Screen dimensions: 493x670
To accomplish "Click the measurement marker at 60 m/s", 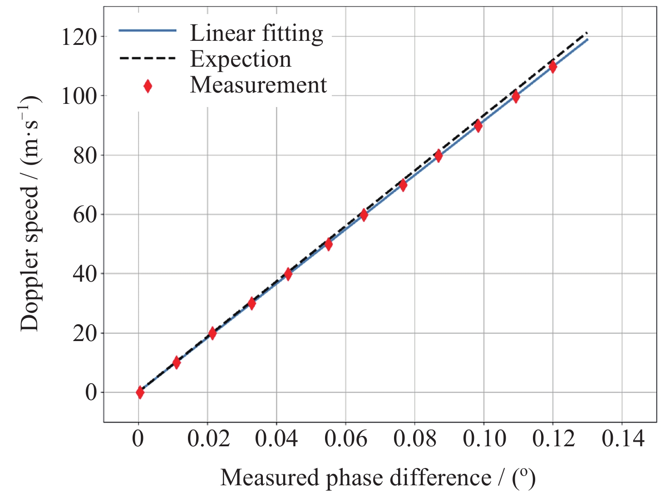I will pos(364,215).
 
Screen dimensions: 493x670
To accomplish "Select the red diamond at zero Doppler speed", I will pos(140,392).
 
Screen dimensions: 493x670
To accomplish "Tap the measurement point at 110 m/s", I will pos(552,67).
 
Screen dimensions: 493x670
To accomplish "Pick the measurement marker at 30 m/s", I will pos(251,303).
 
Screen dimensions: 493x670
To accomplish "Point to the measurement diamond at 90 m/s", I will pos(478,126).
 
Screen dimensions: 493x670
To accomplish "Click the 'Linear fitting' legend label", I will pos(256,34).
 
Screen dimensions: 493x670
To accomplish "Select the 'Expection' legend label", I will pos(241,59).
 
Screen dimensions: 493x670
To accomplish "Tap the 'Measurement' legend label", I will pos(258,85).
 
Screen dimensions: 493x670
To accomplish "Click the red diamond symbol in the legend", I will pos(148,86).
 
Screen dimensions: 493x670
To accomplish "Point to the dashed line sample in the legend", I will pos(148,59).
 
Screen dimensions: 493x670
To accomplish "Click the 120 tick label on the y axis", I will pos(79,37).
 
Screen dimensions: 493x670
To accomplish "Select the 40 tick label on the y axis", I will pos(85,274).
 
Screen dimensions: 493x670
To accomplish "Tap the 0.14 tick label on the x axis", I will pos(623,439).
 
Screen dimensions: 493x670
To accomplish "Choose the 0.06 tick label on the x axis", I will pos(346,439).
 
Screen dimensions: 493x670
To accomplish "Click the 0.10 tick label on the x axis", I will pos(484,439).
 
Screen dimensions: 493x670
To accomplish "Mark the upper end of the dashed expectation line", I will pos(587,33).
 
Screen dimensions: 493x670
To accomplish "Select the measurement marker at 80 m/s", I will pos(438,156).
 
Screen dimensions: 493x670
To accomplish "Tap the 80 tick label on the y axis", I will pos(85,156).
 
